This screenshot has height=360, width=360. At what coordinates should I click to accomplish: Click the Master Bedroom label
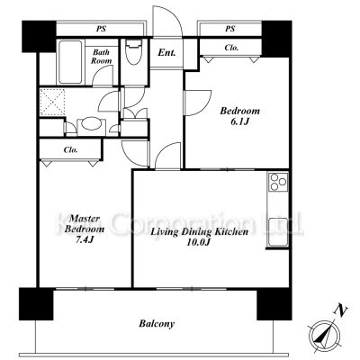pyautogui.click(x=85, y=224)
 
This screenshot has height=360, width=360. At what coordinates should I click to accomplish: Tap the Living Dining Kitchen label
pyautogui.click(x=199, y=232)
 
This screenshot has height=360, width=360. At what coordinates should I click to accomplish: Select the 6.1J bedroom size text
pyautogui.click(x=240, y=121)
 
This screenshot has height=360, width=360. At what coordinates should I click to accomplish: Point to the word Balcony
pyautogui.click(x=157, y=324)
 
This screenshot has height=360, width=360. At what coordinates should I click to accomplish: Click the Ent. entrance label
pyautogui.click(x=166, y=53)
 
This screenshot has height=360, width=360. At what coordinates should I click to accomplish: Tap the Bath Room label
pyautogui.click(x=101, y=57)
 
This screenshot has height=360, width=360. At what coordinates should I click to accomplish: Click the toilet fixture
pyautogui.click(x=134, y=52)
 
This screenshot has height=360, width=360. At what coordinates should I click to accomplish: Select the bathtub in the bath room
pyautogui.click(x=71, y=62)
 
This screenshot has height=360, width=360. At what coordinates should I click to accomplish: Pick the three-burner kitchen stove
pyautogui.click(x=278, y=182)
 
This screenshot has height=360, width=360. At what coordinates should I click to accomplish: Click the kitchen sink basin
pyautogui.click(x=278, y=231)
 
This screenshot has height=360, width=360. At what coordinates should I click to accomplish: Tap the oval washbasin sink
pyautogui.click(x=91, y=124)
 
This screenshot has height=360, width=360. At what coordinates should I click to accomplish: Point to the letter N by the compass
pyautogui.click(x=340, y=310)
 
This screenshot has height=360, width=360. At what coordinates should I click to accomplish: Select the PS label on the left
pyautogui.click(x=101, y=30)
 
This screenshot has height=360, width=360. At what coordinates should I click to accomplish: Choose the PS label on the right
pyautogui.click(x=229, y=29)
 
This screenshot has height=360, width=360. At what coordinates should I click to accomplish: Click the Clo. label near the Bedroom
pyautogui.click(x=231, y=48)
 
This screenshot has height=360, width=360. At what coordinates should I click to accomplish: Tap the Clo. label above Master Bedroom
pyautogui.click(x=71, y=149)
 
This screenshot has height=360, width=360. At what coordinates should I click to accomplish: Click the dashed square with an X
pyautogui.click(x=52, y=102)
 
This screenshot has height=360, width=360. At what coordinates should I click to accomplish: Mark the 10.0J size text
pyautogui.click(x=198, y=242)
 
